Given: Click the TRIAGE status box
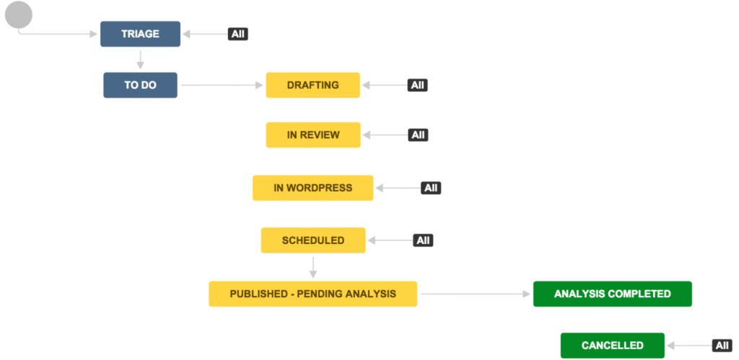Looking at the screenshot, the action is click(x=140, y=34).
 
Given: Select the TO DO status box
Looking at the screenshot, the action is click(x=140, y=85).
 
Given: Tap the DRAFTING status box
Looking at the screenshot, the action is click(x=313, y=85).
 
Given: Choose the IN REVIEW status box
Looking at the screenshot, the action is click(x=313, y=135).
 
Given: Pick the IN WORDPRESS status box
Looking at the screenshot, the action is click(x=313, y=188).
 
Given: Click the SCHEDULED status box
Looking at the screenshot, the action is click(x=313, y=240).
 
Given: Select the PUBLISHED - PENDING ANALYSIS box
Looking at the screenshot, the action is click(x=313, y=294).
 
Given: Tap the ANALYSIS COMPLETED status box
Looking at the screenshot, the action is click(x=612, y=294).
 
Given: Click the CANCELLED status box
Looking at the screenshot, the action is click(x=612, y=346).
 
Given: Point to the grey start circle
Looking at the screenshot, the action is click(x=19, y=14).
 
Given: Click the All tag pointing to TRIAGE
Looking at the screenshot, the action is click(x=238, y=34).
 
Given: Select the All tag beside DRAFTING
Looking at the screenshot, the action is click(x=418, y=85).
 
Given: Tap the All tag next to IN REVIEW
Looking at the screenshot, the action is click(x=418, y=135).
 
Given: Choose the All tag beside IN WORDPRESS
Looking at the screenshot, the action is click(x=431, y=188).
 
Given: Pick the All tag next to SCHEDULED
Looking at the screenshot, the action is click(x=423, y=240).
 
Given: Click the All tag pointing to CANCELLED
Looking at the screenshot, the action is click(x=722, y=346).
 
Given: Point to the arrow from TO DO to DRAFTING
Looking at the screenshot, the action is click(x=222, y=85).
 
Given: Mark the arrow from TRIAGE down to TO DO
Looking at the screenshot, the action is click(x=140, y=59).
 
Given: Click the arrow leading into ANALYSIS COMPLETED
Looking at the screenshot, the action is click(x=475, y=294).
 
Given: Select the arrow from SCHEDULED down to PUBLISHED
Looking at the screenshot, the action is click(x=313, y=267).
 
